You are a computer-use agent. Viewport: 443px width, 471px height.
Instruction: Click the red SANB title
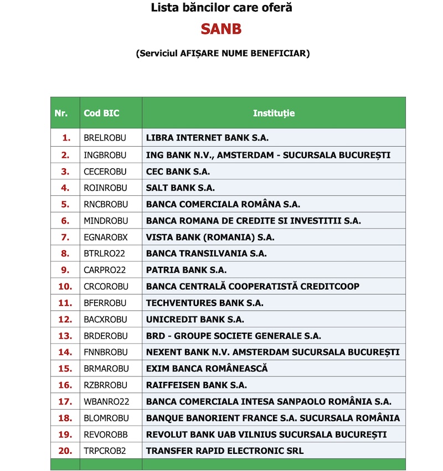point(221,29)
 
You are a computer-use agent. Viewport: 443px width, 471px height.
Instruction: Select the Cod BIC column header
point(101,113)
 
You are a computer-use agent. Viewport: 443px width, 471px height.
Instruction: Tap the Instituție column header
point(274,113)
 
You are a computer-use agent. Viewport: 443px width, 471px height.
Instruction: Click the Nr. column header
point(61,113)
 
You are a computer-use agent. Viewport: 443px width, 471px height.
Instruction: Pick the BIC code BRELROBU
point(105,138)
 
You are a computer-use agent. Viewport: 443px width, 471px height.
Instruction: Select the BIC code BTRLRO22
point(105,253)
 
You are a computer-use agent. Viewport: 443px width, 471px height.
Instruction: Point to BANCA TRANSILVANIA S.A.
point(206,253)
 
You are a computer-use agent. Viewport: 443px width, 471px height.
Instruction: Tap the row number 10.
point(65,286)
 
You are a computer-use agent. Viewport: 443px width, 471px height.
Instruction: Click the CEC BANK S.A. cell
point(178,171)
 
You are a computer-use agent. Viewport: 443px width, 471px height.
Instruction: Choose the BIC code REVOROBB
point(105,434)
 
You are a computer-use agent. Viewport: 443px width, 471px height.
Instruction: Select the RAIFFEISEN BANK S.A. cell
point(197,385)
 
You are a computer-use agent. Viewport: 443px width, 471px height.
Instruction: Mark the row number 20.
point(65,451)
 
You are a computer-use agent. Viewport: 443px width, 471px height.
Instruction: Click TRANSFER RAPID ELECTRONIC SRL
point(225,451)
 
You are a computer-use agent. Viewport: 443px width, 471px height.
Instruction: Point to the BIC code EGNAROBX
point(105,237)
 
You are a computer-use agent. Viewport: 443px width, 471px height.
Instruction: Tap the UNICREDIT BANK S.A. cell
point(195,319)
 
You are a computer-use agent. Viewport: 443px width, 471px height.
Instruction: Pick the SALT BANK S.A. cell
point(181,188)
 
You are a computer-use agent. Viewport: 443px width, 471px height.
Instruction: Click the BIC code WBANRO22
point(106,402)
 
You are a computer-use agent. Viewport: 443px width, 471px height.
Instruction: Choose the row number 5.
point(65,204)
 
